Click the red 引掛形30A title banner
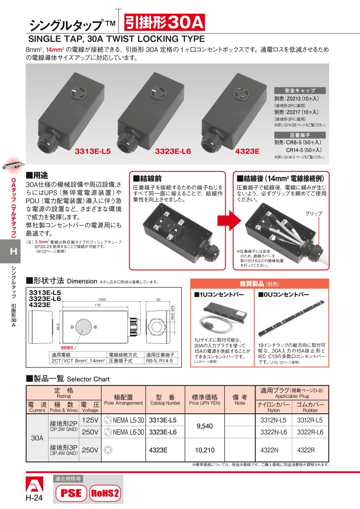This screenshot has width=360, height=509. [164, 22]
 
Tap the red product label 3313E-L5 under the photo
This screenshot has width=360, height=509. [93, 151]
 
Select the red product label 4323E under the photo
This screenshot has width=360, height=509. [247, 151]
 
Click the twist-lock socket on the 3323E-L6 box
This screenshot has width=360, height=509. [158, 93]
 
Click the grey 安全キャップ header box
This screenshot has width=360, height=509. [300, 90]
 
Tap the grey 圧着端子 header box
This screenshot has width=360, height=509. [300, 135]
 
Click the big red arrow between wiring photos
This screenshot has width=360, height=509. [229, 220]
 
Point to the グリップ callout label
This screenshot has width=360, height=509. [314, 214]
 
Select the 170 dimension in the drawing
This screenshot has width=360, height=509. [98, 305]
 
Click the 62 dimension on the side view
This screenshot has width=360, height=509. [158, 300]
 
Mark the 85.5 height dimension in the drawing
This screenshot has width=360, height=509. [58, 327]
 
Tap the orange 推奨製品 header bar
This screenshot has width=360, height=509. [259, 284]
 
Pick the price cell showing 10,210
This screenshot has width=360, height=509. [205, 450]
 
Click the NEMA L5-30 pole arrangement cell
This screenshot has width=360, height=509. [124, 420]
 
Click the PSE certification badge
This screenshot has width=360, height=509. [71, 493]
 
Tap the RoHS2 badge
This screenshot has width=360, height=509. [105, 493]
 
